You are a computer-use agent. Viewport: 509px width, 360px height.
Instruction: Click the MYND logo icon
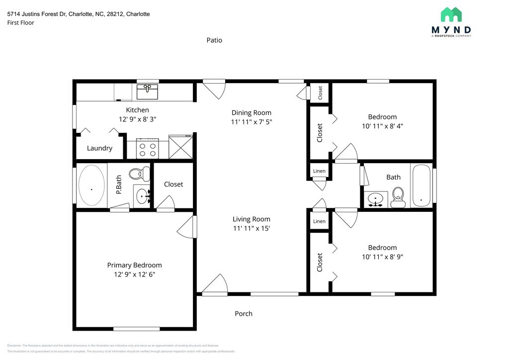tap(451, 14)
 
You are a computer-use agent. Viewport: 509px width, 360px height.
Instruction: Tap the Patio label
tap(214, 40)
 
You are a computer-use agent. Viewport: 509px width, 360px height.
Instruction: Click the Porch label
tap(244, 314)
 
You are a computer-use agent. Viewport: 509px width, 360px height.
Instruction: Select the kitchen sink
tap(148, 91)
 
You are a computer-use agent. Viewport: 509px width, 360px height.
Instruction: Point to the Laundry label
tap(99, 148)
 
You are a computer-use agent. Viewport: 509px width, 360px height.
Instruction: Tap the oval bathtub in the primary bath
tap(92, 186)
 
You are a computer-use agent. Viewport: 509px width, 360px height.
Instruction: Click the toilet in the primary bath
tap(139, 174)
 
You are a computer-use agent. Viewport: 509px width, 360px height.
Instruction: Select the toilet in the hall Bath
tap(398, 197)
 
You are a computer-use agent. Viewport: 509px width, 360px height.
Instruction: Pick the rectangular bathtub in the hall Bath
tap(422, 185)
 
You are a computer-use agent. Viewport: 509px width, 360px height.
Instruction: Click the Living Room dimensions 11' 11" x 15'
tap(252, 229)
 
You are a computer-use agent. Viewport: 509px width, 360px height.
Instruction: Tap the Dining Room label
tap(252, 113)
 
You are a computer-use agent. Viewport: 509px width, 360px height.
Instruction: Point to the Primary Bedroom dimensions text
tap(135, 274)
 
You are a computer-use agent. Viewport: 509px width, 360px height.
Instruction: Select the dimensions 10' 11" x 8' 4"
tap(382, 126)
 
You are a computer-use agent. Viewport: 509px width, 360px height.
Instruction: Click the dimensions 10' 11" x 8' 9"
tap(382, 257)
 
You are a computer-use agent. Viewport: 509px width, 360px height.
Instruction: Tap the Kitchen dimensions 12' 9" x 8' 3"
tap(137, 119)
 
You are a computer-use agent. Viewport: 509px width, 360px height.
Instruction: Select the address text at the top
tap(79, 14)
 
